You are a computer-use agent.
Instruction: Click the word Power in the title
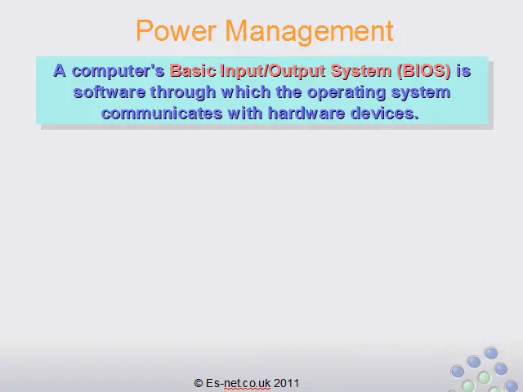point(176,31)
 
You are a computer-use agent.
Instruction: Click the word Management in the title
point(310,32)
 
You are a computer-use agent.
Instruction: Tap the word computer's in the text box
point(118,71)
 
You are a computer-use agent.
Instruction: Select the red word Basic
point(193,71)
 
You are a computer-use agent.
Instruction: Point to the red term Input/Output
point(273,71)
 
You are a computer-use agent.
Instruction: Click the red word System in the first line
point(361,71)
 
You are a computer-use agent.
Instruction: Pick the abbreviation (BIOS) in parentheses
point(424,71)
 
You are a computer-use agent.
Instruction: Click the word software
point(110,92)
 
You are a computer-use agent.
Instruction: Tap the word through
point(183,92)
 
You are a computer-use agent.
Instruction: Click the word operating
point(346,92)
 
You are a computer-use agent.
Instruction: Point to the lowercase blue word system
point(421,92)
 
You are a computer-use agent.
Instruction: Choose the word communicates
point(162,114)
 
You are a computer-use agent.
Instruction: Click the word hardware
point(306,114)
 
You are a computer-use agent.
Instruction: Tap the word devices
point(385,114)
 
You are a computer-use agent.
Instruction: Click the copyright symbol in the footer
point(199,383)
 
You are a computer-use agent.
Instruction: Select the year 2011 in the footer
point(287,383)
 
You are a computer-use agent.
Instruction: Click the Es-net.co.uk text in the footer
point(238,383)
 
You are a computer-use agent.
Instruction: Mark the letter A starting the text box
point(60,71)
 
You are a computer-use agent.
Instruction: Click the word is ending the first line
point(463,71)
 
